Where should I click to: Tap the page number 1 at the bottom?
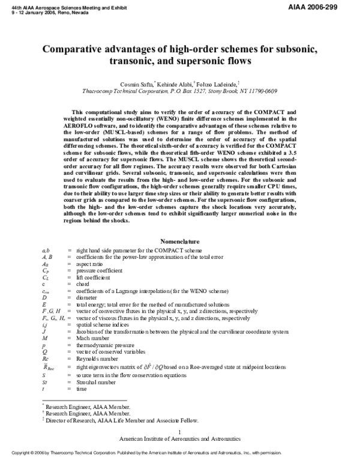180,432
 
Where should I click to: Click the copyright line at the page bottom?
180,461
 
